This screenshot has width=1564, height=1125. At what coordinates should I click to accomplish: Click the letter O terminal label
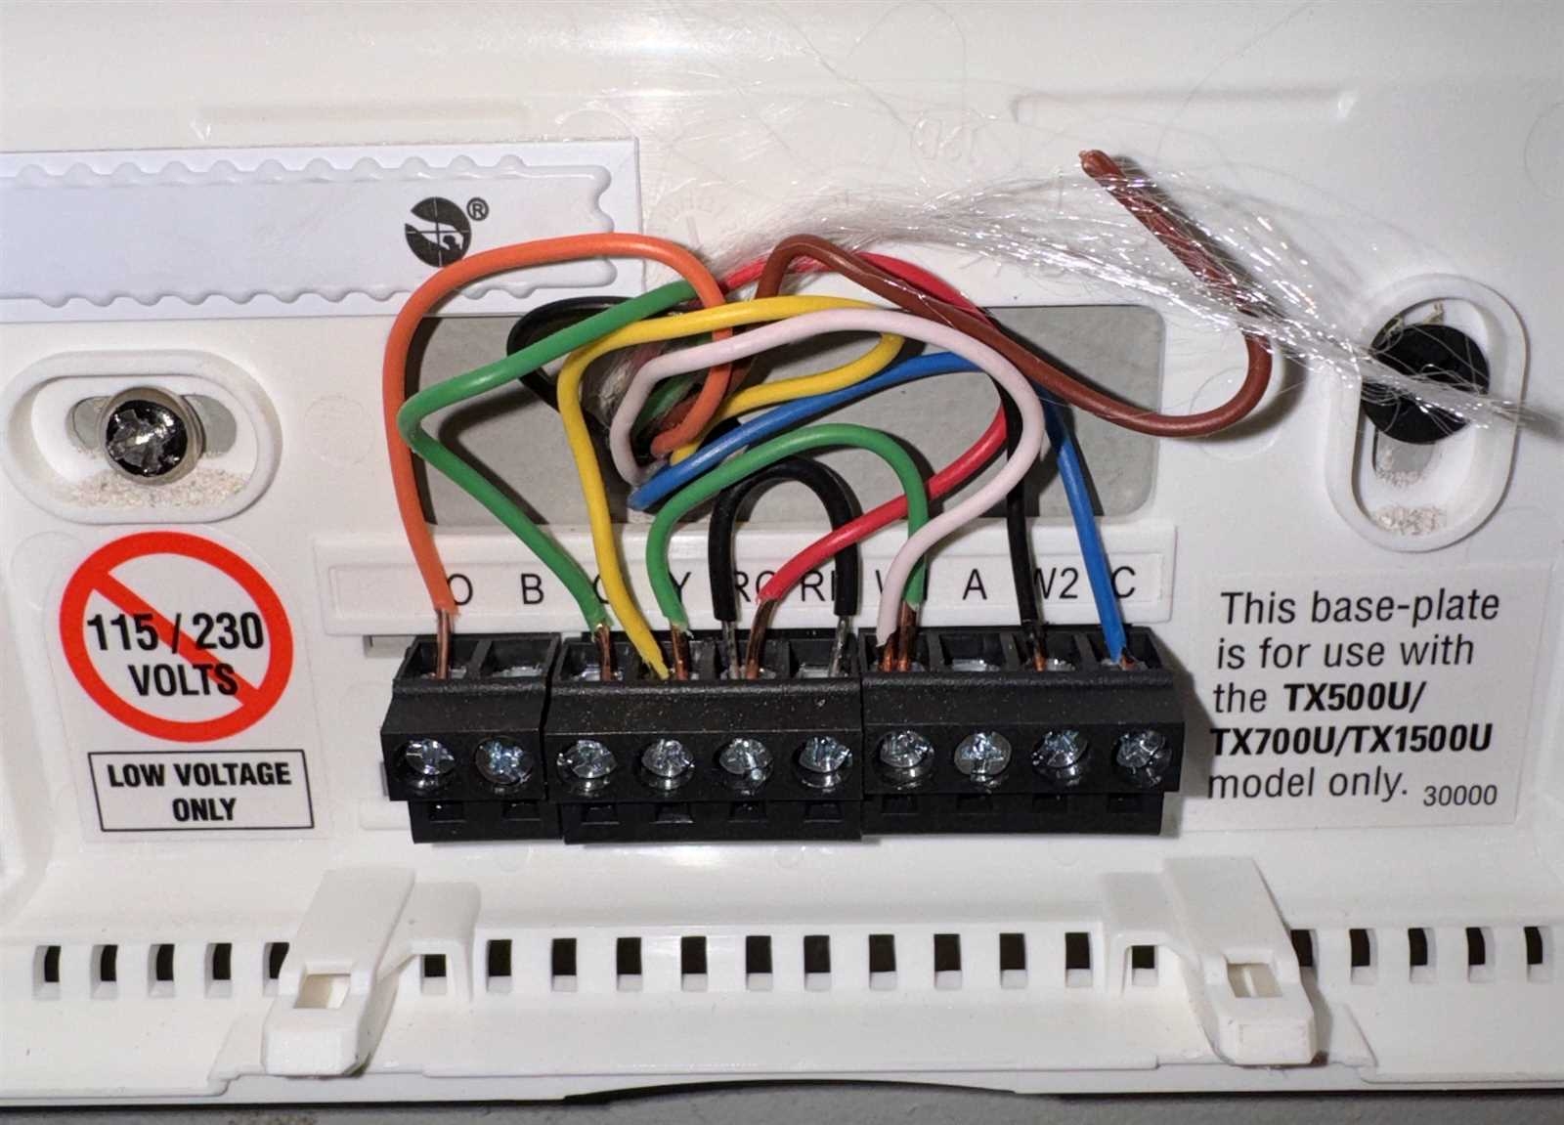(459, 589)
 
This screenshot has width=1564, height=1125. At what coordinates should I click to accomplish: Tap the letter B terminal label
(530, 589)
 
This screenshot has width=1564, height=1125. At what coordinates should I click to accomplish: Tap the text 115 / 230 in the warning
(177, 633)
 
